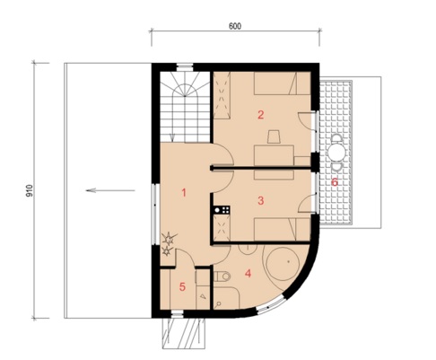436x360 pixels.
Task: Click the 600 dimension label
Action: point(235,26)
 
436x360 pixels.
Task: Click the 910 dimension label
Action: point(30,190)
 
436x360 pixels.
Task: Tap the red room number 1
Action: point(184,193)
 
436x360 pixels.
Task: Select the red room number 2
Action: point(261,115)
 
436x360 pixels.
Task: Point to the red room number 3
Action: point(261,200)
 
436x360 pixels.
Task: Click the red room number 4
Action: point(248,273)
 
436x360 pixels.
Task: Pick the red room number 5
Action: point(182,287)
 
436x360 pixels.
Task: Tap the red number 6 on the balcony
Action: point(335,182)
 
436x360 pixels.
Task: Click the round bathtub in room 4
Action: point(283,264)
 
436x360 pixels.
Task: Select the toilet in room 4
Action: point(222,277)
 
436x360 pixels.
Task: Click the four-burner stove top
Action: point(222,210)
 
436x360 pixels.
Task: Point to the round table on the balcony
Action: point(336,153)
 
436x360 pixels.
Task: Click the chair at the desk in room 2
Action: point(274,136)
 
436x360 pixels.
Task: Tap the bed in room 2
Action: point(282,83)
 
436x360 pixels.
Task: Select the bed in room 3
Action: point(282,229)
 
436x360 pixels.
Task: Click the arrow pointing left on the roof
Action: point(110,190)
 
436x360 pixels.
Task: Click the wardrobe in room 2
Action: point(222,95)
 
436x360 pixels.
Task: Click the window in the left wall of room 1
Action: point(154,214)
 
